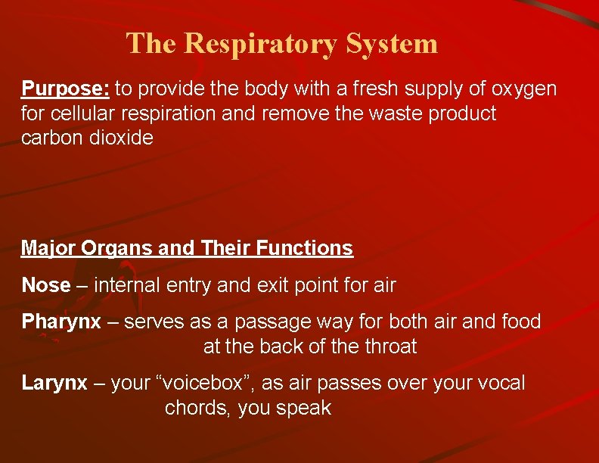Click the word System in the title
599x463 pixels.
pos(392,43)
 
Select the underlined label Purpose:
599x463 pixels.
pos(66,89)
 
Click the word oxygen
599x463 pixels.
pos(524,89)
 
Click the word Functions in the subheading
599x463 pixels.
pos(305,248)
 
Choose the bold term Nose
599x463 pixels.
pos(45,285)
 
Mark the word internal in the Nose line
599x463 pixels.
pos(132,285)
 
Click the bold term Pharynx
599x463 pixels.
pos(61,322)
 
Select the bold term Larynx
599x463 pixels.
pos(54,383)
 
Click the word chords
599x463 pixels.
pos(197,408)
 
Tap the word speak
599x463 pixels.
pos(303,409)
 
